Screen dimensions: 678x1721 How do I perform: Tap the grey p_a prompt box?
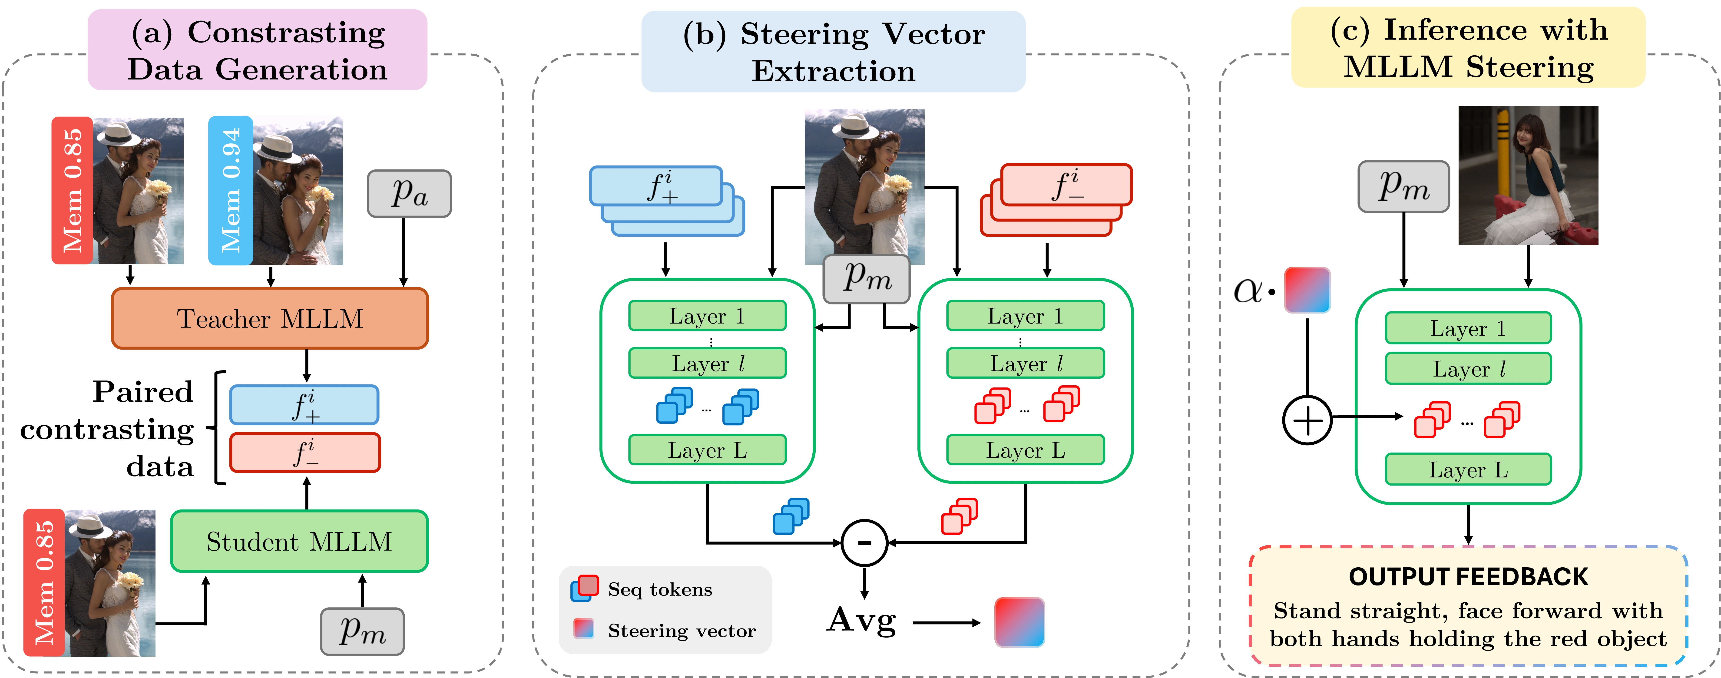pos(409,194)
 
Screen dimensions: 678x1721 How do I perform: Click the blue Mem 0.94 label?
pos(231,190)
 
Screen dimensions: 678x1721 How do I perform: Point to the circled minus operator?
pos(864,543)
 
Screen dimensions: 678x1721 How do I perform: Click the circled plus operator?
pos(1307,420)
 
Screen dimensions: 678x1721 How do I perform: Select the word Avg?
pos(862,620)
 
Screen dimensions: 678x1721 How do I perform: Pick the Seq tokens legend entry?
pos(659,589)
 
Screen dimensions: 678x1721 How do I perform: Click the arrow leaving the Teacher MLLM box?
pos(307,365)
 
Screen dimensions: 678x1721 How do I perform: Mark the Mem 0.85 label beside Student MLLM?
pos(44,582)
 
